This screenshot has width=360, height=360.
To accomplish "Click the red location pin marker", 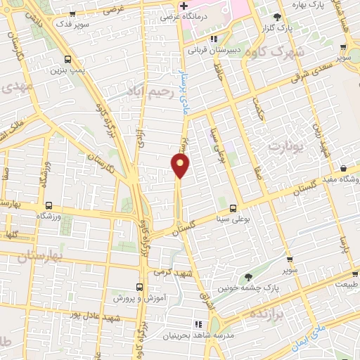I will (181, 165).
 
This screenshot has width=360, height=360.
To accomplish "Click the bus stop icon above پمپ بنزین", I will (67, 59).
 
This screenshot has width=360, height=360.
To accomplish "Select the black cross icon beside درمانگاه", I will (183, 6).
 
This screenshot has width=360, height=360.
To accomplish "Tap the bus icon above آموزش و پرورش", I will (139, 287).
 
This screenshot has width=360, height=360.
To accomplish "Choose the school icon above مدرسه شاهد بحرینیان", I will (198, 323).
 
